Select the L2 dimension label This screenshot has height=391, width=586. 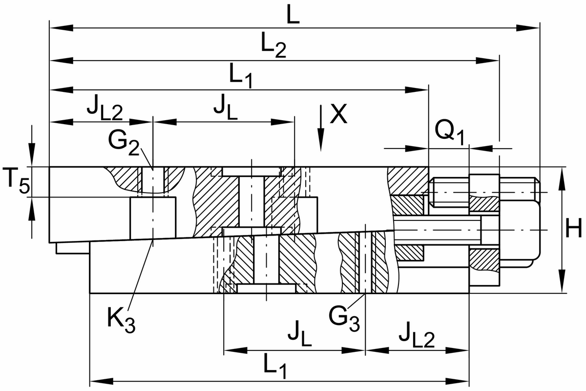tap(273, 47)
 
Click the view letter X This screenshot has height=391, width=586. tap(338, 115)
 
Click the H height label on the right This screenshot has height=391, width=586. tap(573, 229)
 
